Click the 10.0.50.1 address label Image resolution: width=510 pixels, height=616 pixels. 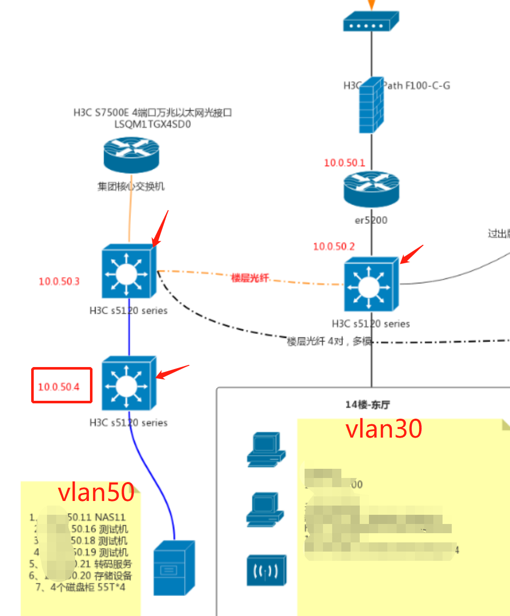point(344,163)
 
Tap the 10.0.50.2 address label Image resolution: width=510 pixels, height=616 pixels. point(334,246)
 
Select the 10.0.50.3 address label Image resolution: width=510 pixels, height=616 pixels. point(59,282)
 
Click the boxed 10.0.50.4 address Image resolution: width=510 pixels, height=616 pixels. point(59,387)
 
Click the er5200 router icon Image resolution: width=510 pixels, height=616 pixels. point(372,190)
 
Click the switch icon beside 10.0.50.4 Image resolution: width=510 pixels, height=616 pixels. point(128,383)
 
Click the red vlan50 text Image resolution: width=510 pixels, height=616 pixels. point(96,492)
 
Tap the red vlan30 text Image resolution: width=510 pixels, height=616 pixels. point(384,428)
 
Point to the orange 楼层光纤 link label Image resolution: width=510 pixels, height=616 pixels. point(250,278)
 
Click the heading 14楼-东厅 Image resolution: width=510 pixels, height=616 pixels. point(367,405)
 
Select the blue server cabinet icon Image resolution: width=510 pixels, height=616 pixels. point(174,568)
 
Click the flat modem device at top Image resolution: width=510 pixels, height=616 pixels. point(371,22)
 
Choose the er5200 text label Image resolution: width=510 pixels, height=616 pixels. point(371,220)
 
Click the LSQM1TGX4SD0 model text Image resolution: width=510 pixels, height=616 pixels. point(152,124)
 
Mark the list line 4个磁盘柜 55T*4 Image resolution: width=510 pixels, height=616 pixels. point(80,587)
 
